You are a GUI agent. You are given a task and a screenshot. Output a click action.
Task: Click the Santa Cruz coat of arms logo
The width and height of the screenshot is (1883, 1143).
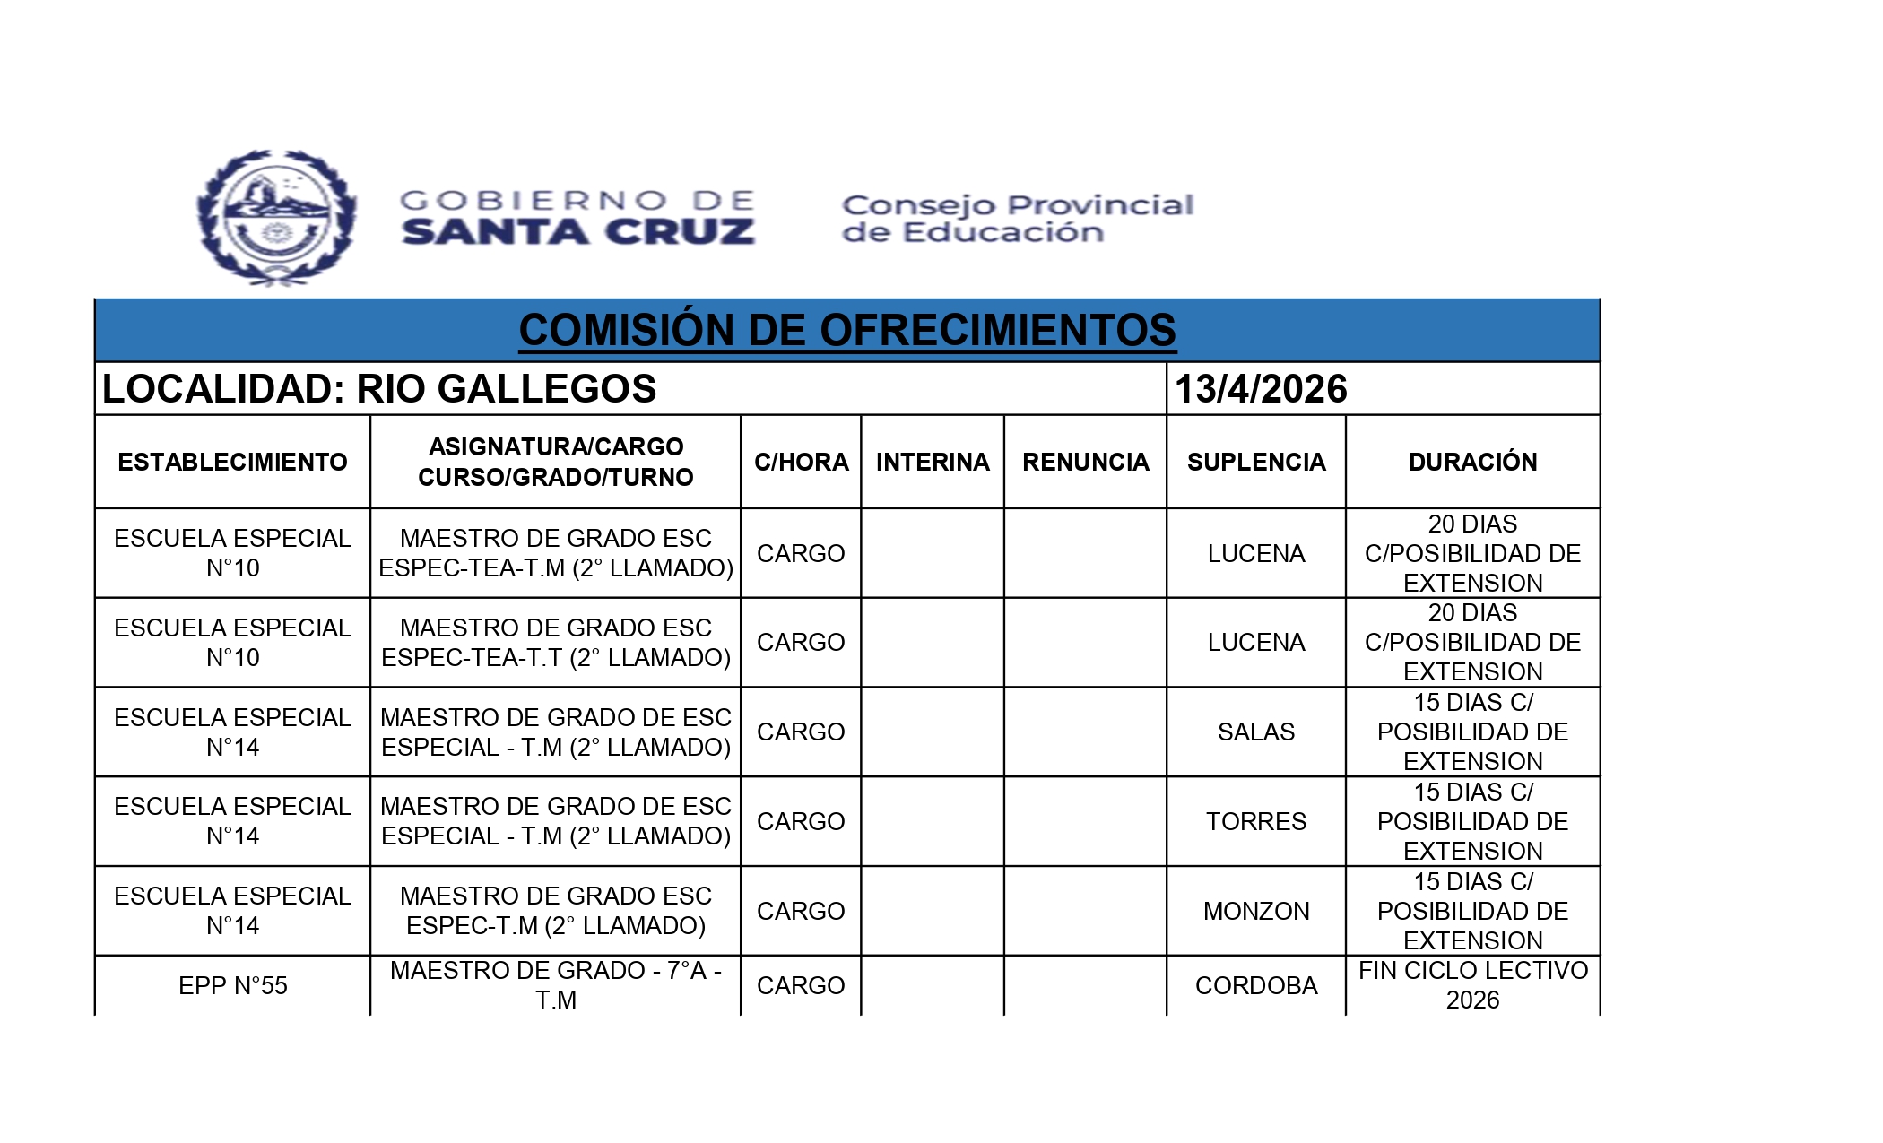(276, 218)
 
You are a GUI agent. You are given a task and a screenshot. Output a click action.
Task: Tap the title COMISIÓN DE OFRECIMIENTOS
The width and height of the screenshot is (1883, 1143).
(846, 330)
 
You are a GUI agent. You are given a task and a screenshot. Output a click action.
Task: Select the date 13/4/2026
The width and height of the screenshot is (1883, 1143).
(1260, 389)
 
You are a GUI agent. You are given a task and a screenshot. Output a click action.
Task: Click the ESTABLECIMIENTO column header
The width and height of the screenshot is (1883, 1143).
(232, 462)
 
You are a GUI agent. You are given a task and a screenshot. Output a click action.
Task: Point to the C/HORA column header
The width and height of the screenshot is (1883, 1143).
(801, 462)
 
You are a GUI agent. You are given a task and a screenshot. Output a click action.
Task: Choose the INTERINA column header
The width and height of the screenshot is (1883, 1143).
(933, 462)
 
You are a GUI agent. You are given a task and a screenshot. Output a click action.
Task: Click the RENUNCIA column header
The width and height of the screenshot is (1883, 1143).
(1085, 462)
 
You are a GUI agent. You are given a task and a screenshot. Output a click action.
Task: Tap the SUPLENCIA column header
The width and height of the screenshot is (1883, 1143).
(1255, 462)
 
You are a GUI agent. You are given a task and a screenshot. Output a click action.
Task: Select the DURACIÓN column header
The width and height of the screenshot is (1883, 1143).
(1472, 462)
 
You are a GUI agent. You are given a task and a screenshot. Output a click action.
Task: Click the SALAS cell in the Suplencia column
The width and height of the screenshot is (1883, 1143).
(1255, 732)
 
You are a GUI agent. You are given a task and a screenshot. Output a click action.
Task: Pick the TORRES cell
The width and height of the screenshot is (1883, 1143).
(1255, 821)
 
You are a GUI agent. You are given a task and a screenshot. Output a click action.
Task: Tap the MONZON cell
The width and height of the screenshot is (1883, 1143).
(1255, 911)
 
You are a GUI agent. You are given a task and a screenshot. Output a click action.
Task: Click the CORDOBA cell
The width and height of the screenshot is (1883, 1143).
(1255, 985)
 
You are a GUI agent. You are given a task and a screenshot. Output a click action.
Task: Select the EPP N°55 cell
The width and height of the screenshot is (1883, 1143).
(232, 985)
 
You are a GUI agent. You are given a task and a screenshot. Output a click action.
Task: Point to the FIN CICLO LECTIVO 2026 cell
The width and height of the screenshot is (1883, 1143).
(1472, 985)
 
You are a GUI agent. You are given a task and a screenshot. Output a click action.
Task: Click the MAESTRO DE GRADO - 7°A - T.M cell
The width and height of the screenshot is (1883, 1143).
(555, 985)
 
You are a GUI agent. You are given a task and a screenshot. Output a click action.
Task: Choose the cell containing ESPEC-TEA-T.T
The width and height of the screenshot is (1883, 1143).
(555, 643)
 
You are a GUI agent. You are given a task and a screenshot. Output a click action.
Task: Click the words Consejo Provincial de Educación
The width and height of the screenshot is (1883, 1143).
(1017, 218)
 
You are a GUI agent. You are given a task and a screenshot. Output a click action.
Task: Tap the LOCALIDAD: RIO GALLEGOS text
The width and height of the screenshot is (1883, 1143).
(379, 389)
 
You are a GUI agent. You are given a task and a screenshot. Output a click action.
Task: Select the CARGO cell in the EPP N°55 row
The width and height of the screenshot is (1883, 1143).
(801, 985)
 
